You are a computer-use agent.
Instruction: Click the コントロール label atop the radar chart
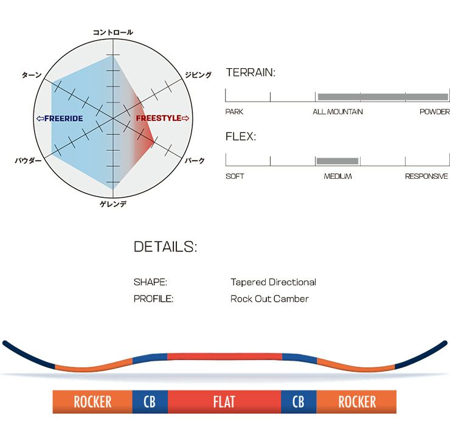click(112, 32)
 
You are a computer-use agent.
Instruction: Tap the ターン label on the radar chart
click(32, 75)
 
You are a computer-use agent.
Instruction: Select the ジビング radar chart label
click(198, 75)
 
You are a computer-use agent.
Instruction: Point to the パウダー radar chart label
click(28, 161)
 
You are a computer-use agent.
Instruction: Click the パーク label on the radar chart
click(195, 161)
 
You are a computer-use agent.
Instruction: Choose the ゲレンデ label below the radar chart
click(113, 204)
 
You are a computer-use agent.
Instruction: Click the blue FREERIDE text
click(63, 118)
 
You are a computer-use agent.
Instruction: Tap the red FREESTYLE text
click(159, 118)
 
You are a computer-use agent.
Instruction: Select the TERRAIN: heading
click(251, 72)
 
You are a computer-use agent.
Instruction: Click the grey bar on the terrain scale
click(383, 97)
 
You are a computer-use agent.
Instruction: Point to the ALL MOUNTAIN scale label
click(337, 112)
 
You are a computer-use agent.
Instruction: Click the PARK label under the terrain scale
click(234, 112)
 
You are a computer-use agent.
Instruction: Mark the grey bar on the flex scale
click(337, 161)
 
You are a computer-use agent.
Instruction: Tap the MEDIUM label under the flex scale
click(337, 176)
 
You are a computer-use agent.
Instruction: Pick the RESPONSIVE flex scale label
click(426, 176)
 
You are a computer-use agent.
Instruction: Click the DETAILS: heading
click(165, 246)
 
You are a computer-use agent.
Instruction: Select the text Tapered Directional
click(273, 282)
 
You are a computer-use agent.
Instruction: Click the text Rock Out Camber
click(269, 299)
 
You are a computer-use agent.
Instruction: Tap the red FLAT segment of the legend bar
click(224, 401)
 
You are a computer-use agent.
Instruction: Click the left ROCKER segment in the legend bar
click(92, 401)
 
